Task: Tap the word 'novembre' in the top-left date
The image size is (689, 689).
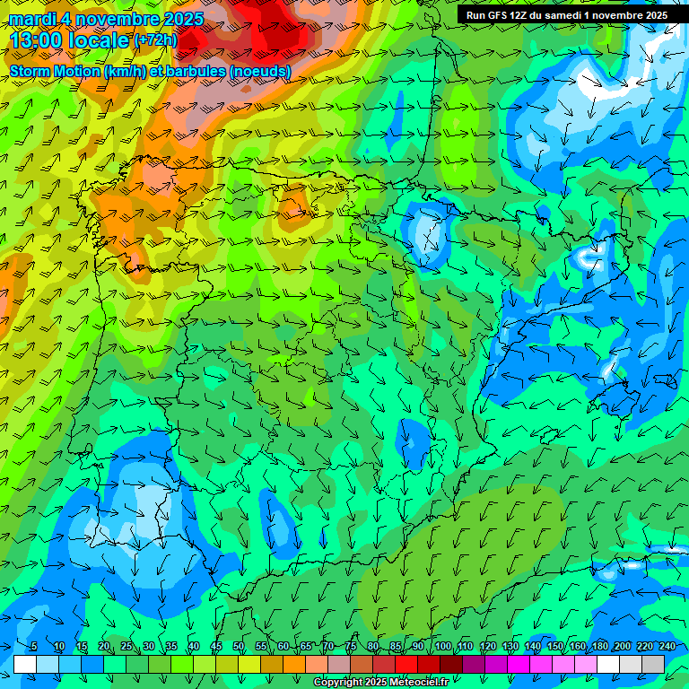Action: [113, 19]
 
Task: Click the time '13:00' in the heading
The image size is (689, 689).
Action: [40, 40]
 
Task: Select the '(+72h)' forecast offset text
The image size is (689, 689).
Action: [155, 40]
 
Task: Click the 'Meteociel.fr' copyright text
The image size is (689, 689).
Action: [413, 683]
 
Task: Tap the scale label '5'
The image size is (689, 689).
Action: [34, 646]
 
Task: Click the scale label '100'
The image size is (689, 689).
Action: [442, 646]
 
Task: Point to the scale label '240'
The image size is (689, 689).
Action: [667, 646]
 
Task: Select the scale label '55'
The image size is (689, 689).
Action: [261, 646]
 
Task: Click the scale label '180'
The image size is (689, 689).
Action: [599, 646]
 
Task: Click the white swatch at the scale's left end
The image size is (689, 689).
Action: [25, 663]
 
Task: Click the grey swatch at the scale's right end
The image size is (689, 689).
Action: [653, 663]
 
